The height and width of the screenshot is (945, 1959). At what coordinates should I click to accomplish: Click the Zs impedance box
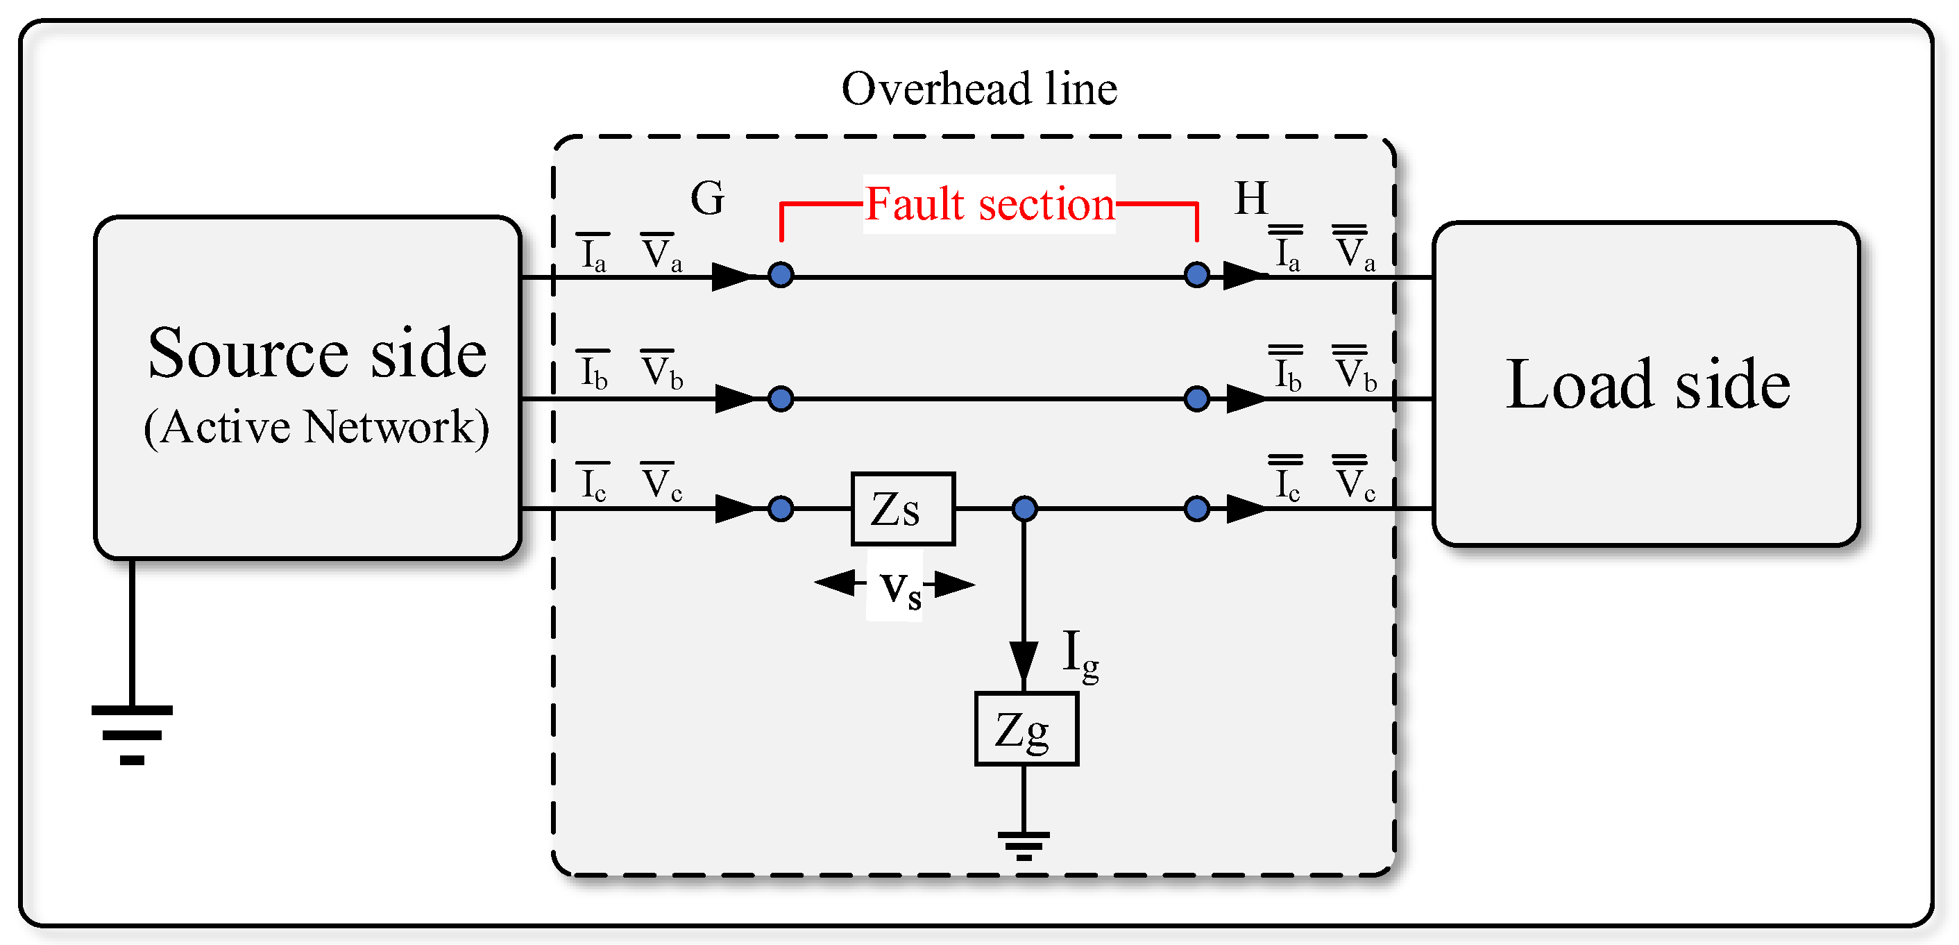tap(902, 508)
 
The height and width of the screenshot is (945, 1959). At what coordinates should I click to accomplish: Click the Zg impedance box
tap(1026, 728)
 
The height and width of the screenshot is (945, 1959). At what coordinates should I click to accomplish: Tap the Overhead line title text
tap(978, 88)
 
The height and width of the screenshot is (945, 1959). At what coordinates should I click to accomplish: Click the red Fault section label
tap(989, 204)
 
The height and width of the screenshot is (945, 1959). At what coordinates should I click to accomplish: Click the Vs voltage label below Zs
tap(899, 587)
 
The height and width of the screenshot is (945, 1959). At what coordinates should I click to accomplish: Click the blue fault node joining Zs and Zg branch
tap(1024, 508)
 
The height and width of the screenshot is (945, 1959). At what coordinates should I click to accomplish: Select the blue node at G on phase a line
tap(780, 275)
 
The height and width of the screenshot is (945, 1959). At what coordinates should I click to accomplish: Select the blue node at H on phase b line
tap(1196, 399)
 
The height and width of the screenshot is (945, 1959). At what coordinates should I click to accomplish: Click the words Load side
tap(1647, 384)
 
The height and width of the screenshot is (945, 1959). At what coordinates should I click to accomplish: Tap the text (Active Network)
tap(316, 427)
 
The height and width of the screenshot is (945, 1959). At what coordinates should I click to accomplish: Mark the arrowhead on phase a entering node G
tap(731, 276)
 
